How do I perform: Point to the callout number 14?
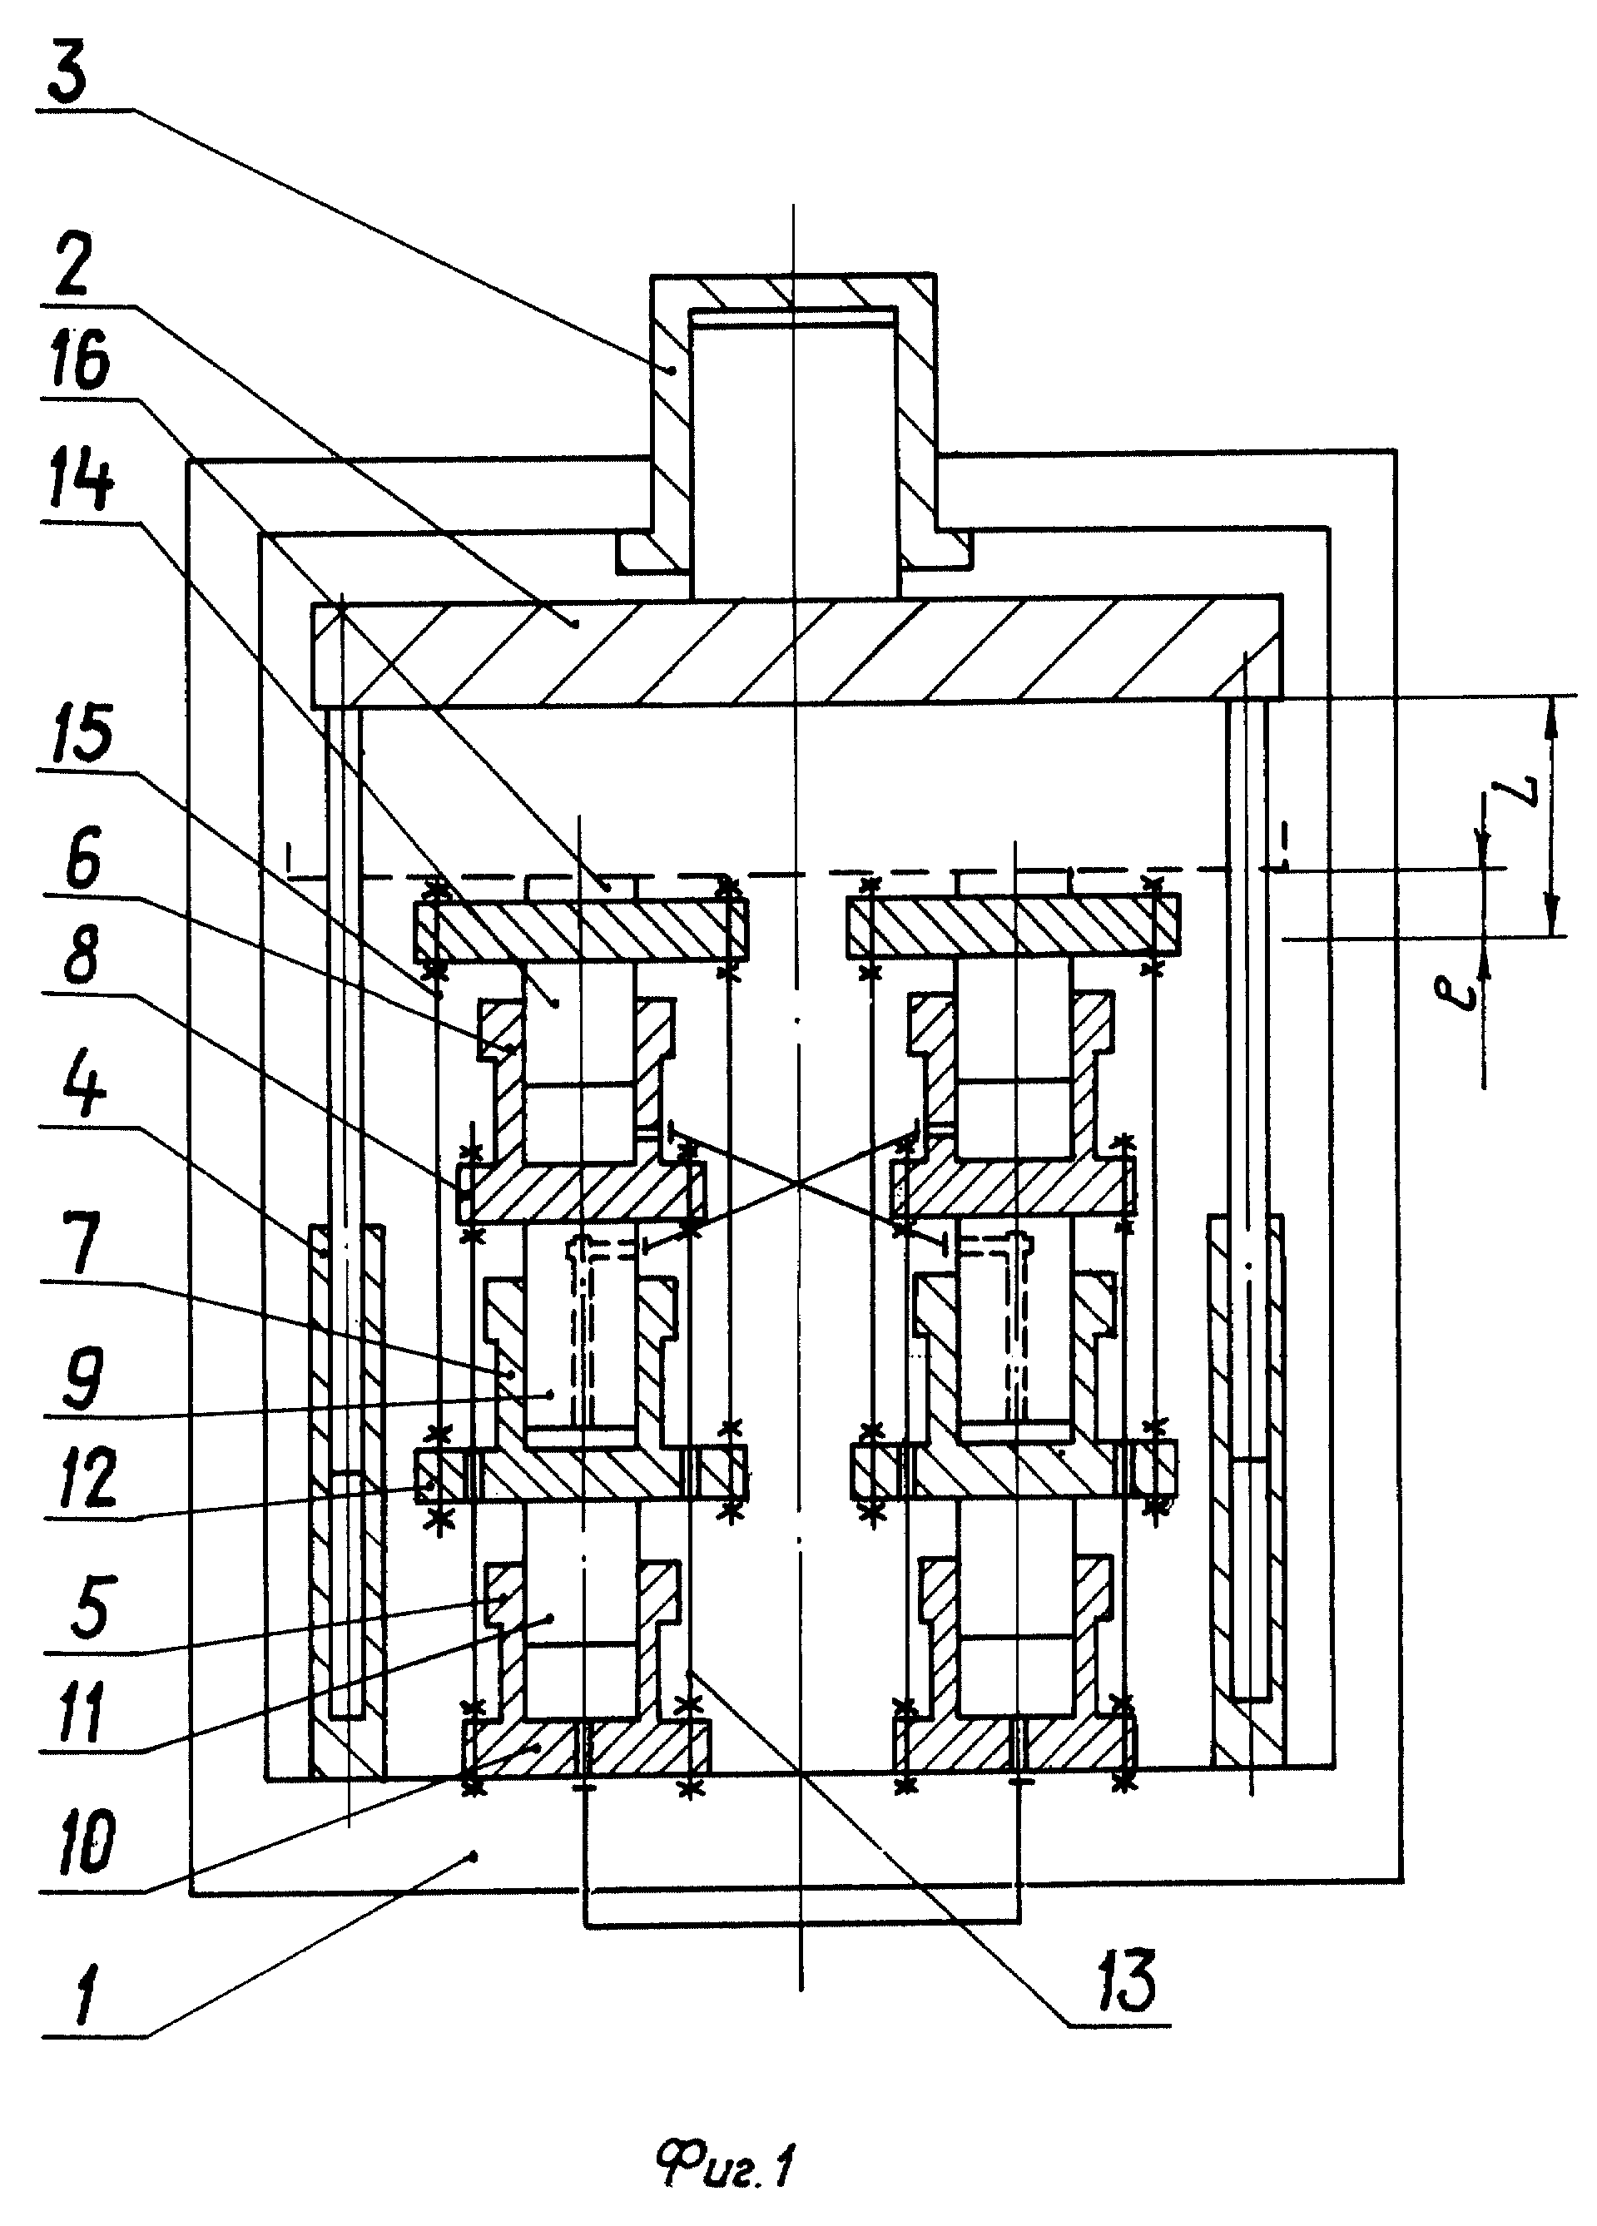coord(86,485)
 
